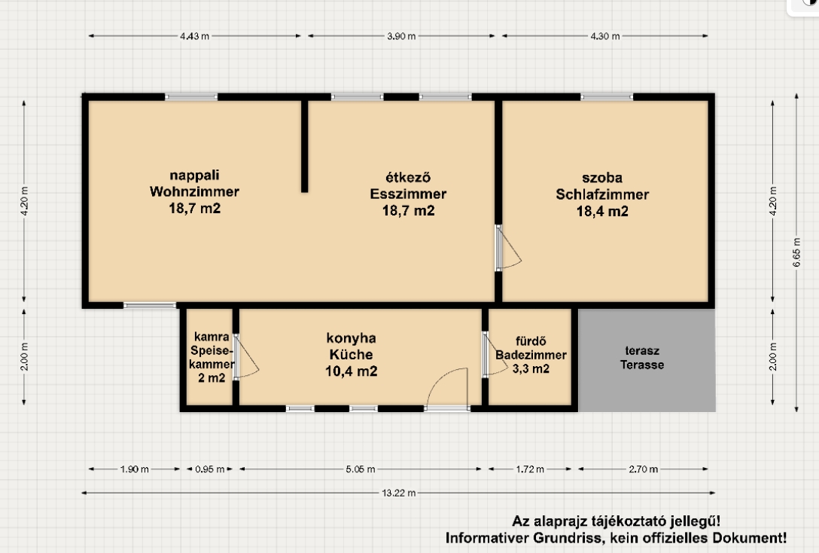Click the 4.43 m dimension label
(x=194, y=36)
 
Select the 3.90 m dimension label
(x=401, y=36)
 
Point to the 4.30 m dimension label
(x=605, y=36)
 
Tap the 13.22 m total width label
(x=399, y=493)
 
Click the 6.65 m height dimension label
(x=796, y=252)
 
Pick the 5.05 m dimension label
(x=361, y=469)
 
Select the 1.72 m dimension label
(x=530, y=469)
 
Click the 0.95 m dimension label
(x=210, y=469)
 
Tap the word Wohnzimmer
(x=194, y=192)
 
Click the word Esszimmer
(x=408, y=194)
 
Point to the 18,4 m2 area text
(x=602, y=211)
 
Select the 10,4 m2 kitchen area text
(x=351, y=371)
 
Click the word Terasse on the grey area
(x=642, y=365)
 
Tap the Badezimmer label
(x=531, y=355)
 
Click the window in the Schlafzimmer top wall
(x=607, y=96)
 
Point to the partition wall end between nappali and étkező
(x=305, y=190)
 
